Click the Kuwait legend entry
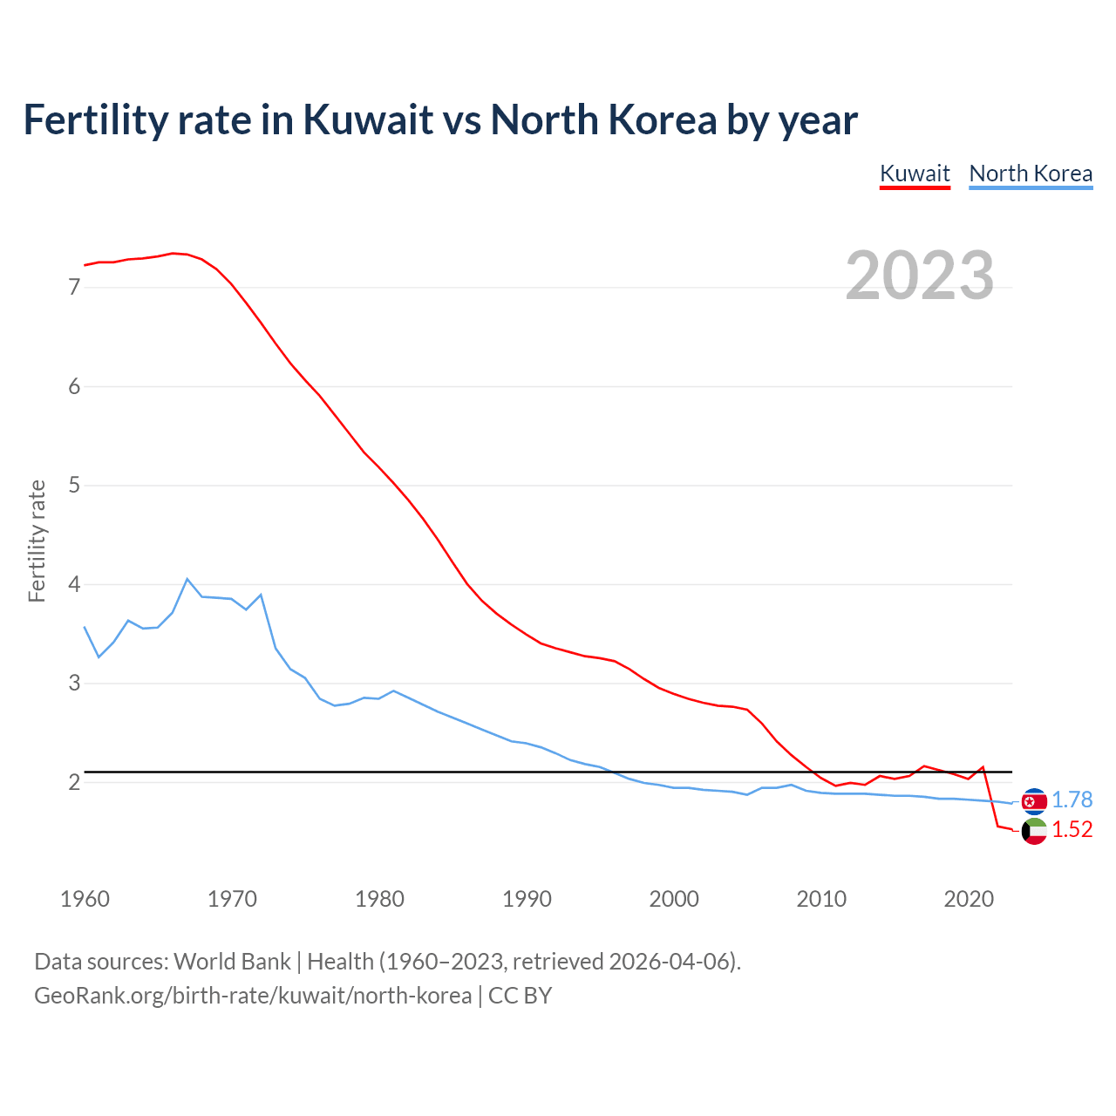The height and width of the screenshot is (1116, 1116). (915, 174)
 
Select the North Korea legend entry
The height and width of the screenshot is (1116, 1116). (1031, 174)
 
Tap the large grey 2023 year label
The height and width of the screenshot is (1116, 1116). (920, 276)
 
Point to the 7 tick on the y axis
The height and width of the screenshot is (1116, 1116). (74, 287)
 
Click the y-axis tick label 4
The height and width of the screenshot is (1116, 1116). (74, 584)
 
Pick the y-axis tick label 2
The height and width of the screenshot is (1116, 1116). (74, 782)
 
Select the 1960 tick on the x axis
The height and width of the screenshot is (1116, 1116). (85, 899)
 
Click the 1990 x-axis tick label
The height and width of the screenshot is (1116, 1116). (527, 899)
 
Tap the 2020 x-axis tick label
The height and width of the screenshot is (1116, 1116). (969, 899)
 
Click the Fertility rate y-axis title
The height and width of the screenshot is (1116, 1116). (37, 541)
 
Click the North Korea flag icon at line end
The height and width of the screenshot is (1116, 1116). (1034, 801)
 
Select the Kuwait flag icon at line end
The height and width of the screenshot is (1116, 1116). (1034, 831)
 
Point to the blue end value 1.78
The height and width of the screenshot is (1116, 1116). (1072, 800)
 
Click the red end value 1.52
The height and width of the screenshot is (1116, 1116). (1072, 830)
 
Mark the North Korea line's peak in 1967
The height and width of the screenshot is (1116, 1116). (187, 579)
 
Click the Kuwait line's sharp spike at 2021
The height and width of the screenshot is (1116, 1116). (983, 767)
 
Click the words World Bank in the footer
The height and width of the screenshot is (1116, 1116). (232, 962)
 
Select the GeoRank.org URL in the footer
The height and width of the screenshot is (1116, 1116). (253, 996)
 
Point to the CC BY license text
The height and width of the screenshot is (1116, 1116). (520, 996)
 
